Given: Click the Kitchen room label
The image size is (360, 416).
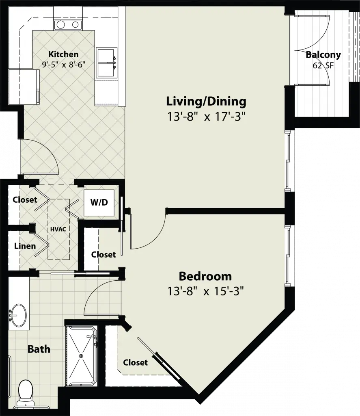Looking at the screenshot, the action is tap(63, 54).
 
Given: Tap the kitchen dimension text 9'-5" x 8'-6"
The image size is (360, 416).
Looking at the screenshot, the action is tap(64, 65).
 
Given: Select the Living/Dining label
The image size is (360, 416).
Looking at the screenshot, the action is tap(206, 102).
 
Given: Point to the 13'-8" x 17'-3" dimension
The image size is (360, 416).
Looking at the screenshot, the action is tap(206, 117).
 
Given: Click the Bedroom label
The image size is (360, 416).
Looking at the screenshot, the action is tap(205, 276).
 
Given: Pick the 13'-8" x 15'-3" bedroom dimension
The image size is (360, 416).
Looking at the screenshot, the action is tap(205, 291).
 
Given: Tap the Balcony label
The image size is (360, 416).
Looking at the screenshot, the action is tap(323, 55).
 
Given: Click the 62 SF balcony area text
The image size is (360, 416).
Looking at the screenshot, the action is tap(323, 65).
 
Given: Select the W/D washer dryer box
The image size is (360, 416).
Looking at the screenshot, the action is tap(99, 203).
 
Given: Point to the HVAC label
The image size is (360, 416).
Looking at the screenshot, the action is tap(58, 229).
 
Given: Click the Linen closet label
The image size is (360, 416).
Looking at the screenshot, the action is tap(25, 246).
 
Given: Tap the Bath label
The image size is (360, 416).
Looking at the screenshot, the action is tap(39, 349).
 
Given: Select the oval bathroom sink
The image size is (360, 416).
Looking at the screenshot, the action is tap(18, 315).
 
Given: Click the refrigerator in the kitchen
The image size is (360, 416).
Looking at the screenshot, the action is tap(24, 87).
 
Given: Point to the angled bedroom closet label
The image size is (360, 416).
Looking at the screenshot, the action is tap(135, 362).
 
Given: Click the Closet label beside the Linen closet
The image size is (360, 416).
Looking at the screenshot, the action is tap(25, 199).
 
